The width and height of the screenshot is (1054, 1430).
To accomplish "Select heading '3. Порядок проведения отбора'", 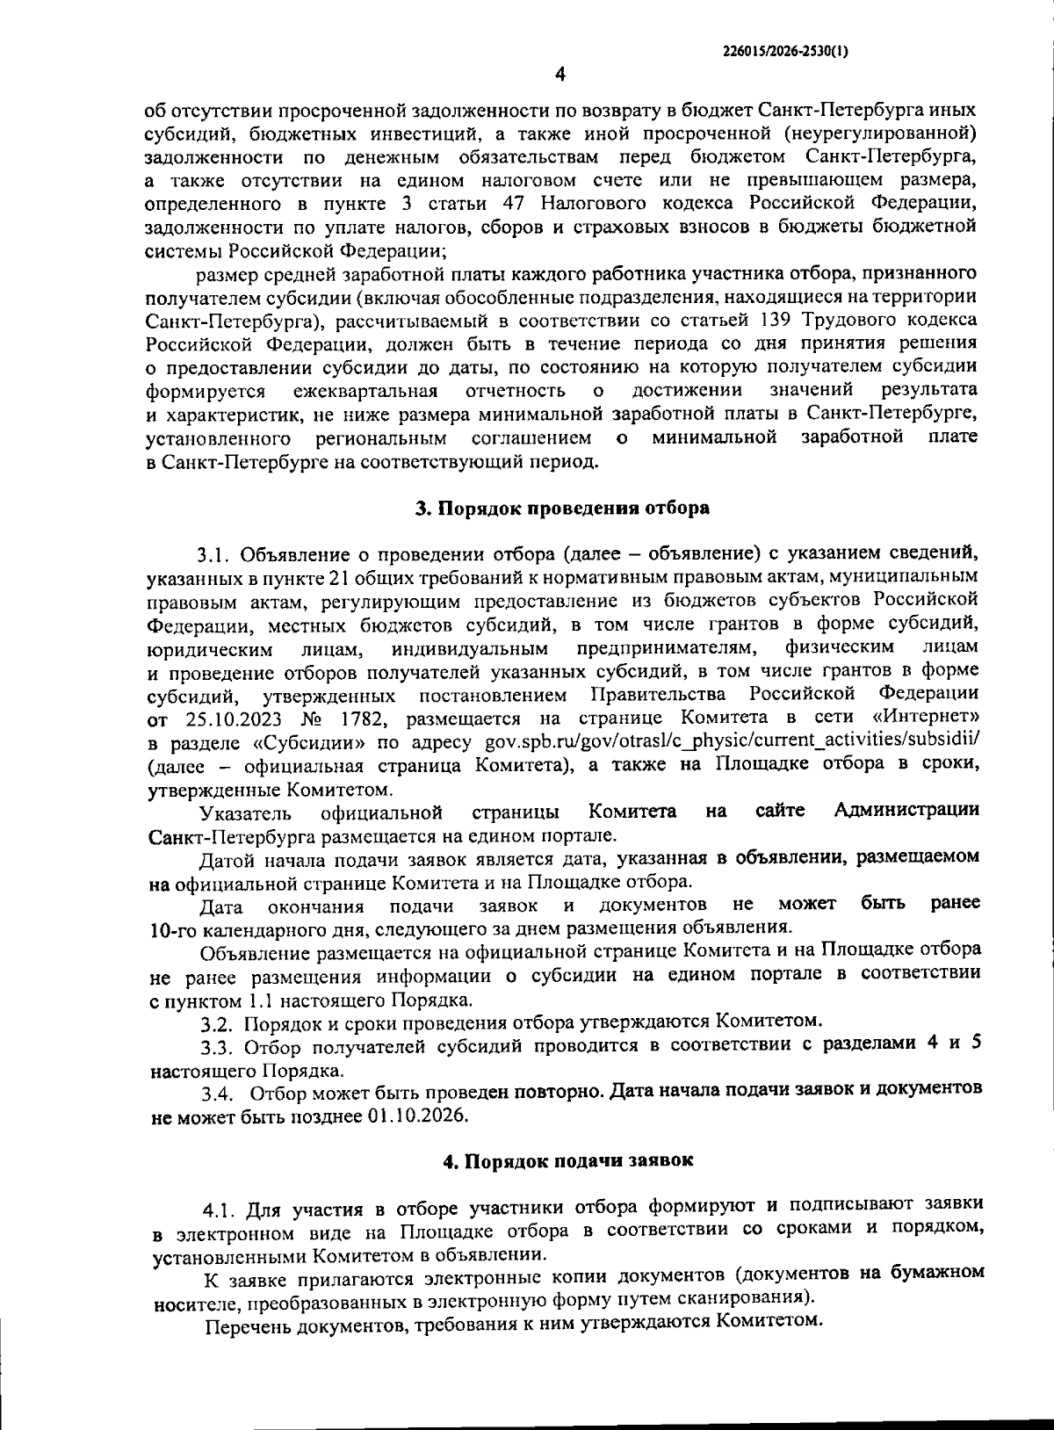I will (562, 508).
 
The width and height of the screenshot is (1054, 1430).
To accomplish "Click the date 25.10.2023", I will (233, 720).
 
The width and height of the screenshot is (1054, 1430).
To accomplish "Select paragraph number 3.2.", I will (215, 1023).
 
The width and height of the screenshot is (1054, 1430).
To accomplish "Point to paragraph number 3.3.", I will (215, 1047).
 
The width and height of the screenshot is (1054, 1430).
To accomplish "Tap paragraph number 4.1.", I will (219, 1210).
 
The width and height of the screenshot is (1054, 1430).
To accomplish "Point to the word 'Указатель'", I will (242, 812).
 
